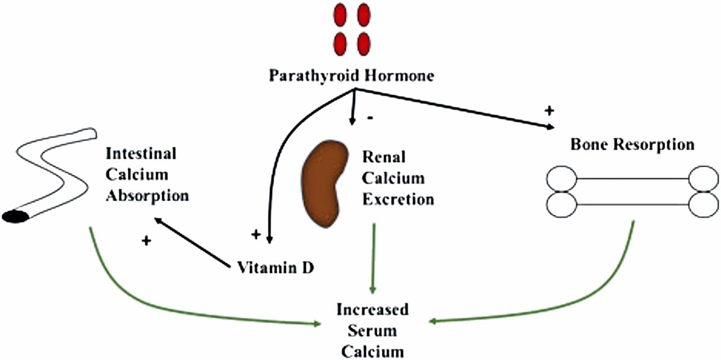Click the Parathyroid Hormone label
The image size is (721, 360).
(351, 75)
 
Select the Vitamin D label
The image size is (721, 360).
(274, 266)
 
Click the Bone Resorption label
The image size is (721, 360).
(632, 144)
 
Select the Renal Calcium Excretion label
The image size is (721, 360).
(398, 177)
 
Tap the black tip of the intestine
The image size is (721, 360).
(16, 216)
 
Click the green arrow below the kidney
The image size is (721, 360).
(372, 259)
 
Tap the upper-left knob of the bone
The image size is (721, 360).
(561, 180)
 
